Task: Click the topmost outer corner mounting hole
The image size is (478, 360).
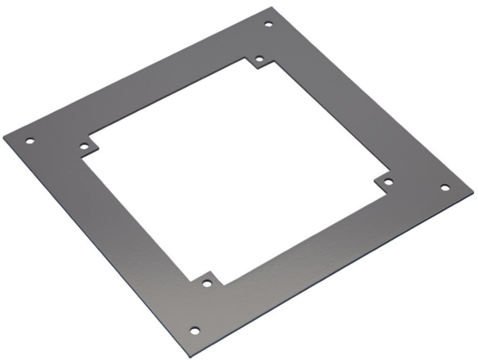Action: [268, 24]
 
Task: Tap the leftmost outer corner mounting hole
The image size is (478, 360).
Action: [29, 142]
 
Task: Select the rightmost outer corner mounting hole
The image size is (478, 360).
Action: [445, 188]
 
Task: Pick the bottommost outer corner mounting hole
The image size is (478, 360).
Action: [194, 330]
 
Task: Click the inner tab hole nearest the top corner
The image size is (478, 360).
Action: [260, 60]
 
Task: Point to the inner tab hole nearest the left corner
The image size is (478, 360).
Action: [84, 147]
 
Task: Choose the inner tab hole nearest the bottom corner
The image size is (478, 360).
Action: [206, 283]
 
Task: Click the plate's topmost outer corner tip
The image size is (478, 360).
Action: [271, 7]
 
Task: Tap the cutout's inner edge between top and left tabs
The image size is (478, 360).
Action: [171, 99]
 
